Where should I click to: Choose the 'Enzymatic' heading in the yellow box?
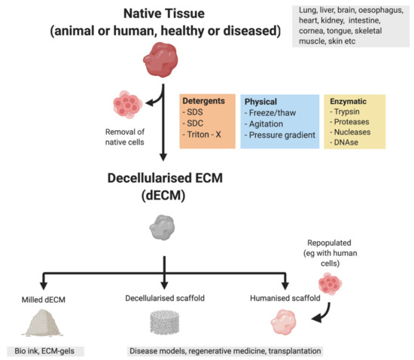(x=349, y=99)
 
